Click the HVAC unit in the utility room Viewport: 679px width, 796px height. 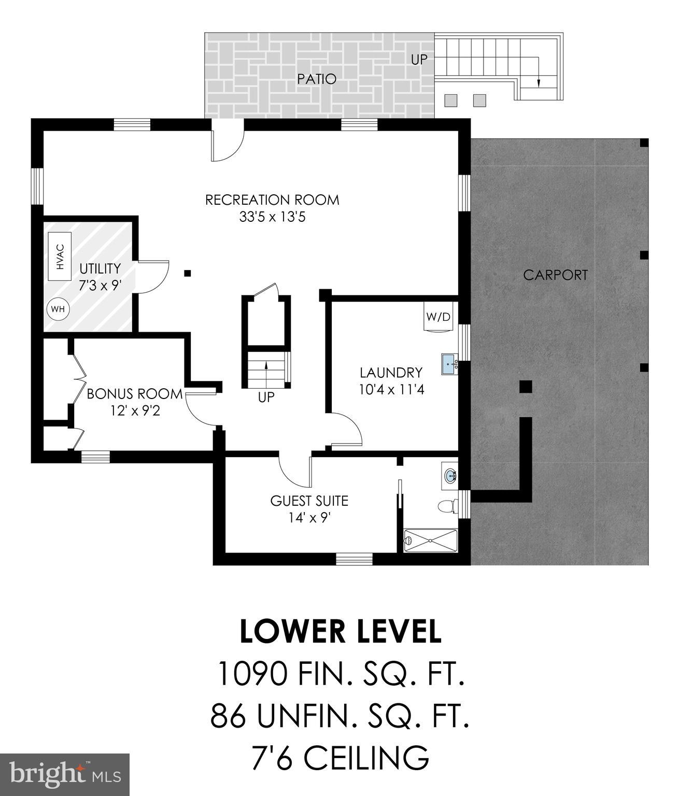(60, 257)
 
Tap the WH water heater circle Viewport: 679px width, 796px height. (58, 309)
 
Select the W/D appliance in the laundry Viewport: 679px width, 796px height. (438, 316)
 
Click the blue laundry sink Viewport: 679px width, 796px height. (449, 364)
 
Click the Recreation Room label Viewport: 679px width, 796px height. (272, 200)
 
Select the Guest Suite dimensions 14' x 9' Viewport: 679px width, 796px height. (309, 518)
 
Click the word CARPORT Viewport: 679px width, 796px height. (556, 275)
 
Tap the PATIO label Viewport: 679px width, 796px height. (317, 79)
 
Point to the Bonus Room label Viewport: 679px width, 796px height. (135, 394)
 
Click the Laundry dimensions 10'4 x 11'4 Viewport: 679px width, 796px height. (391, 389)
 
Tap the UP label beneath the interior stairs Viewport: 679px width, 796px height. (266, 398)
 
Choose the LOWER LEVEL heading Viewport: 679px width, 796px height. (341, 632)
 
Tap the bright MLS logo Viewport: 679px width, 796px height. (65, 774)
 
